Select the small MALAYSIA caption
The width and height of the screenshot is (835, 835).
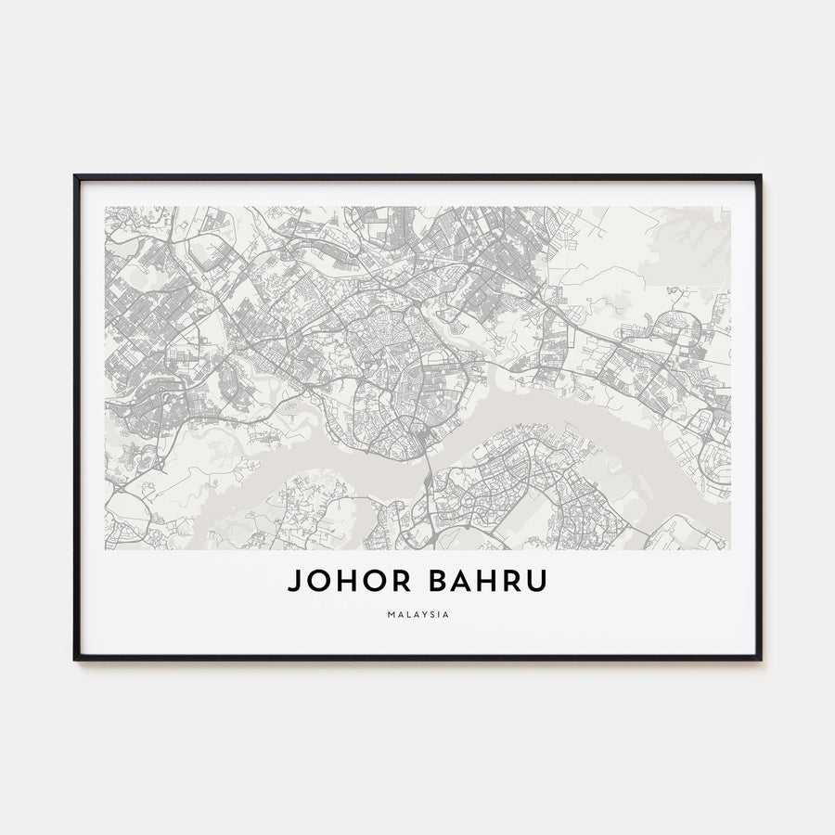pos(417,613)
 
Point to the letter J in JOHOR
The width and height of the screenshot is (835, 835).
pos(293,582)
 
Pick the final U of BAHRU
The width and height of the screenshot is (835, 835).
pos(537,582)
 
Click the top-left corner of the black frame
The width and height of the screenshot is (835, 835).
pos(75,175)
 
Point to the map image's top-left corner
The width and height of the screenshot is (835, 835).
pos(106,207)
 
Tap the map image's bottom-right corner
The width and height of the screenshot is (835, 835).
pos(730,549)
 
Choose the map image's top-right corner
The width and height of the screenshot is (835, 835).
pos(730,207)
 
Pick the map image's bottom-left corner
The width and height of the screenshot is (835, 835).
pos(106,549)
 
